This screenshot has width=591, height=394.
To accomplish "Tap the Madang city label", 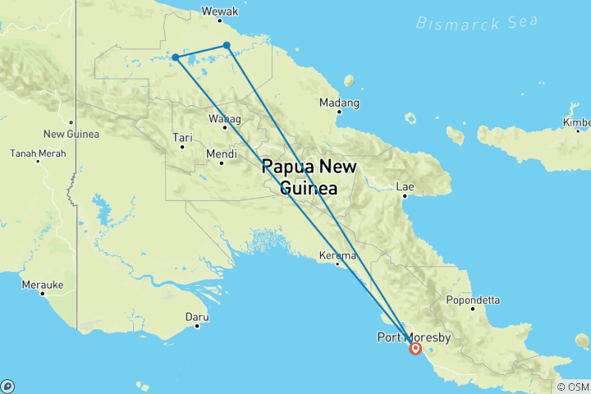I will (339, 103).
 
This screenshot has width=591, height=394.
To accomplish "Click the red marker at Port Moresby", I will (415, 349).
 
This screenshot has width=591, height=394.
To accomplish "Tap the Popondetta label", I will (473, 300).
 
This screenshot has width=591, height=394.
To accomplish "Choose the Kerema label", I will (339, 256).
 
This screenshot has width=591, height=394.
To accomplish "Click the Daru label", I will (198, 316).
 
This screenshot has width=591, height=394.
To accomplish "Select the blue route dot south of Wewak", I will (227, 45).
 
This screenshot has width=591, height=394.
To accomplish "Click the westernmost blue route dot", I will (176, 57).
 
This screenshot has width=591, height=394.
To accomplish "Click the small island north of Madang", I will (349, 80).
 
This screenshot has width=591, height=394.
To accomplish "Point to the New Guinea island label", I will (71, 134).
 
